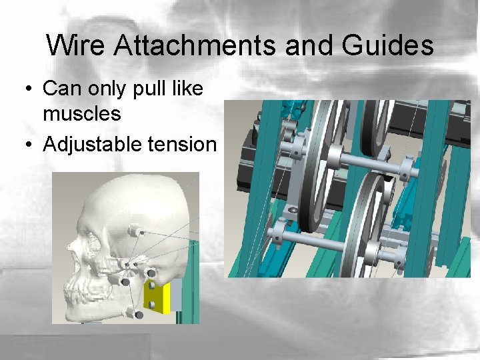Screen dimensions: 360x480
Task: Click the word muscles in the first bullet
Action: coord(81,114)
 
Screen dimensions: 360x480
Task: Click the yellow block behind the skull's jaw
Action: coord(159,298)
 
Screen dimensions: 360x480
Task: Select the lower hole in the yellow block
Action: coord(153,305)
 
